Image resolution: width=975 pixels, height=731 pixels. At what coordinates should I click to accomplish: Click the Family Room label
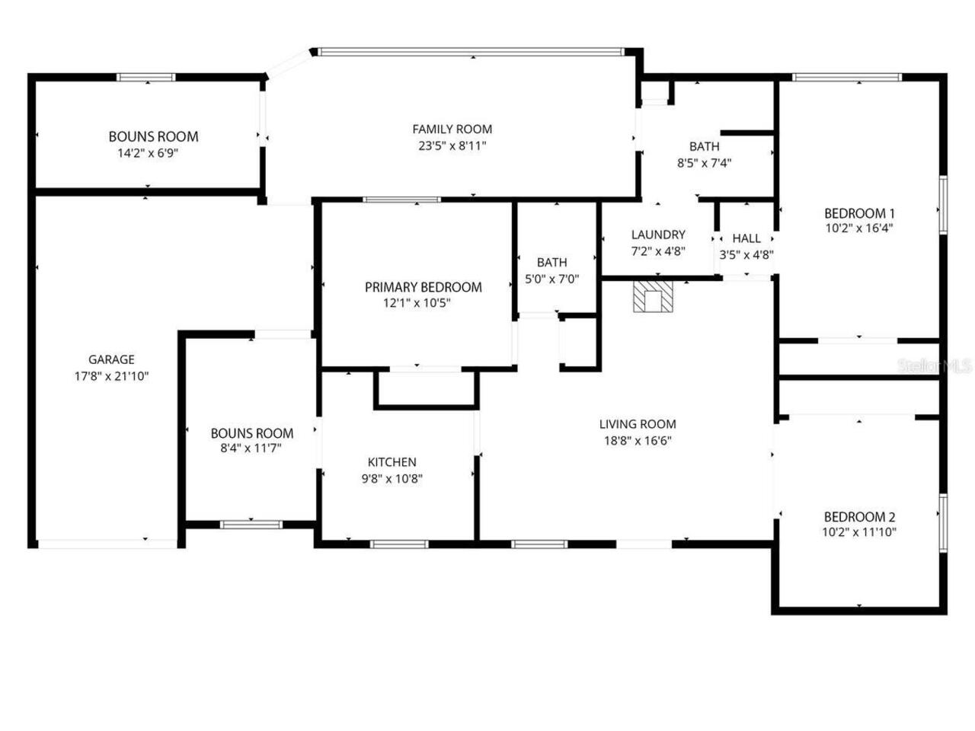pyautogui.click(x=452, y=129)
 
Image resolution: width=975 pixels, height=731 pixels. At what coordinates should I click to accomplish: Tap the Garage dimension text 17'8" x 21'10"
pyautogui.click(x=111, y=375)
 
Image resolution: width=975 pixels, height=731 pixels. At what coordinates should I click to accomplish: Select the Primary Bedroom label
pyautogui.click(x=423, y=287)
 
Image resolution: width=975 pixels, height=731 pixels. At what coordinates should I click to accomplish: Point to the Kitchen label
pyautogui.click(x=392, y=462)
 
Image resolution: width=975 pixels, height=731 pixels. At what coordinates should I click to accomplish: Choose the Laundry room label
pyautogui.click(x=658, y=235)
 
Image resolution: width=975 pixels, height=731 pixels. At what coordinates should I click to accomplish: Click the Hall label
pyautogui.click(x=746, y=238)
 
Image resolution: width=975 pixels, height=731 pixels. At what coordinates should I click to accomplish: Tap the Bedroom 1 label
pyautogui.click(x=859, y=213)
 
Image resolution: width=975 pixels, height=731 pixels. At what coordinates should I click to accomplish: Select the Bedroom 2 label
pyautogui.click(x=859, y=516)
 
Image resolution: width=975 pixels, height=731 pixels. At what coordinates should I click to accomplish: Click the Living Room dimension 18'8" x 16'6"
pyautogui.click(x=638, y=440)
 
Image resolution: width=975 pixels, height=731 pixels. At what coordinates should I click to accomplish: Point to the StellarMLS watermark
pyautogui.click(x=935, y=366)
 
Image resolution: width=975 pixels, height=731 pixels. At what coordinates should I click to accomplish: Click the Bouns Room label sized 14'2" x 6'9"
pyautogui.click(x=153, y=137)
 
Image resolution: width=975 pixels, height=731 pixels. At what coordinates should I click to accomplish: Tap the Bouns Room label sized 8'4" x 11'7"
pyautogui.click(x=251, y=433)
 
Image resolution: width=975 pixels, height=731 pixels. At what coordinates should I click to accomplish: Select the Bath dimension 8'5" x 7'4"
pyautogui.click(x=704, y=162)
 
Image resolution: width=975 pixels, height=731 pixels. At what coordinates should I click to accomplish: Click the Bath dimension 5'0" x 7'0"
pyautogui.click(x=551, y=279)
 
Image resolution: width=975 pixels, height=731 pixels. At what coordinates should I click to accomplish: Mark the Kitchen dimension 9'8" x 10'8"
pyautogui.click(x=392, y=479)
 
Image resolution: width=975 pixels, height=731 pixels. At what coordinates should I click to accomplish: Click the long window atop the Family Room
pyautogui.click(x=470, y=52)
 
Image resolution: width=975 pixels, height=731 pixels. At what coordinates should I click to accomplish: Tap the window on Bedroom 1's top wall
pyautogui.click(x=846, y=77)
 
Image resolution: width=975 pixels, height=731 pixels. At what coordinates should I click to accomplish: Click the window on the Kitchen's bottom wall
pyautogui.click(x=399, y=544)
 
